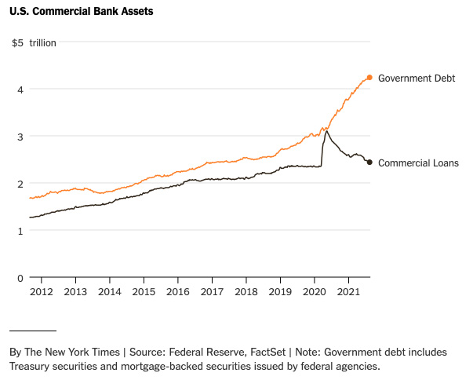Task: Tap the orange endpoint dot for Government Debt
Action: coord(369,78)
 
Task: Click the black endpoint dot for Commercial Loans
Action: coord(369,163)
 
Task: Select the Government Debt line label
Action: coord(417,79)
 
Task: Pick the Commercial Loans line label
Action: coord(418,163)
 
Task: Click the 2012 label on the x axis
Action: coord(41,292)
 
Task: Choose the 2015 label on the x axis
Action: coord(144,292)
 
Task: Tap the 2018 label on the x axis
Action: coord(246,292)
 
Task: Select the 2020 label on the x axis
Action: coord(315,292)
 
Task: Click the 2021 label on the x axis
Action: coord(348,292)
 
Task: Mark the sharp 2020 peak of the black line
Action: coord(326,131)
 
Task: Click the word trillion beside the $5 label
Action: coord(43,42)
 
